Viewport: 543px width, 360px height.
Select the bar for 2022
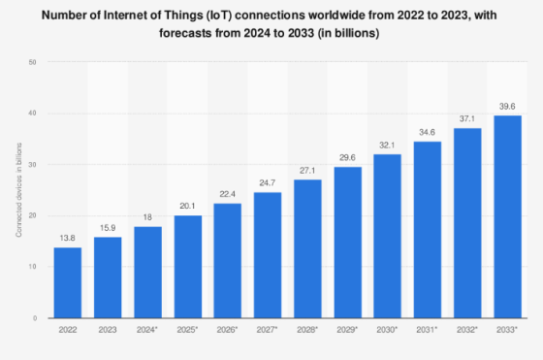[x=68, y=282]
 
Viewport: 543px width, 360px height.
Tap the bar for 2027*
[x=268, y=254]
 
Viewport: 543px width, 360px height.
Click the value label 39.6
[x=507, y=107]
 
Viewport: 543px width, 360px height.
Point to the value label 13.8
[x=68, y=239]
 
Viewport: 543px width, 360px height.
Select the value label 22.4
[x=228, y=194]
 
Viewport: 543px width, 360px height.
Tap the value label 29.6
[x=348, y=157]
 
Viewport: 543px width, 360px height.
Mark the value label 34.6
[x=428, y=132]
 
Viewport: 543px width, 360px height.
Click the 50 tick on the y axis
[x=33, y=62]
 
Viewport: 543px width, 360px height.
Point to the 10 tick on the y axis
[x=33, y=267]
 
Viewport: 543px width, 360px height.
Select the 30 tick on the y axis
[x=33, y=164]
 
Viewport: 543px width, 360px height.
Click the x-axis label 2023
[x=108, y=331]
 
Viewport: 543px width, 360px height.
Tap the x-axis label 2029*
[x=348, y=331]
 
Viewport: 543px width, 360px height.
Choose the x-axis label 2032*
[x=467, y=331]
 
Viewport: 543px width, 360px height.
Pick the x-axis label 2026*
[x=228, y=331]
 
